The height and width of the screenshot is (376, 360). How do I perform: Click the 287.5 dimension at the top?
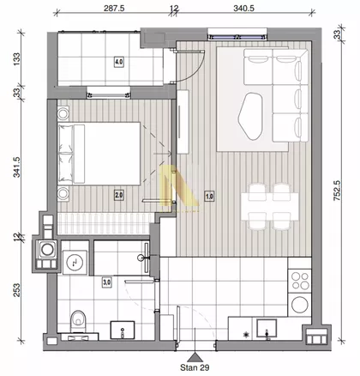coord(114,8)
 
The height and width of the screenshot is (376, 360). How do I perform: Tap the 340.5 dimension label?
coord(243,8)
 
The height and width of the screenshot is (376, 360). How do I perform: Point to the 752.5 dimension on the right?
coord(338,190)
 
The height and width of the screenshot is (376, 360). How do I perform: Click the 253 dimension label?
coord(17,290)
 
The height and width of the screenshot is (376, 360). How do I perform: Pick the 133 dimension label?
coord(17,59)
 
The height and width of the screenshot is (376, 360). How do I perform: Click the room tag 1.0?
coord(209,197)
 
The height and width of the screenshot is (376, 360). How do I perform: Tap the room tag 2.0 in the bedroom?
coord(119,196)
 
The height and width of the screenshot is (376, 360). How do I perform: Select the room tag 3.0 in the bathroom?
coord(106,282)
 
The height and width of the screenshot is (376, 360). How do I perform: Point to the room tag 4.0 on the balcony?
coord(119,62)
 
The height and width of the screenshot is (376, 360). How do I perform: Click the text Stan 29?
coord(195,367)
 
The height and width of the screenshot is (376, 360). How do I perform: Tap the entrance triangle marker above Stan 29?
coord(195,357)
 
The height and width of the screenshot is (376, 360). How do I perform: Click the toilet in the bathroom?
coord(77,321)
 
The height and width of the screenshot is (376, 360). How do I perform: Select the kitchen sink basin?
coord(267,329)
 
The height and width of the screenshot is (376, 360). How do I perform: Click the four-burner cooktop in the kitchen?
coord(300,281)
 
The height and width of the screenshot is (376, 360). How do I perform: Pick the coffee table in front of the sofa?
coord(250,116)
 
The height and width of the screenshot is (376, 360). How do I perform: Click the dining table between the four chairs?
coord(269,207)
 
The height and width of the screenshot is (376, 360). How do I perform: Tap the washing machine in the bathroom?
coord(75,262)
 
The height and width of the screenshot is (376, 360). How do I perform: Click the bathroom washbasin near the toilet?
coord(123,330)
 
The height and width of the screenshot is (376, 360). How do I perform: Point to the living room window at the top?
coord(237,37)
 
